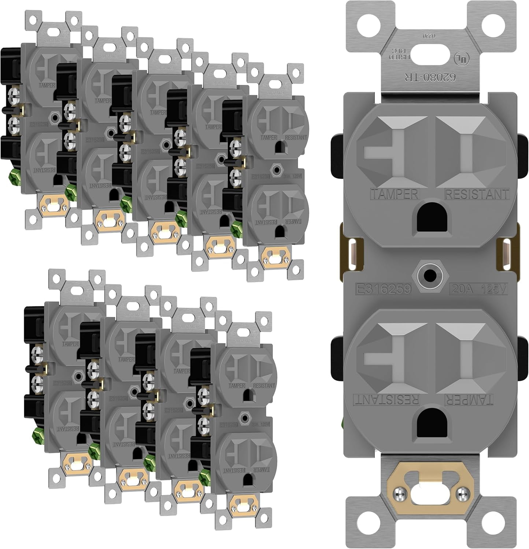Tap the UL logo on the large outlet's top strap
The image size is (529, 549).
point(461,58)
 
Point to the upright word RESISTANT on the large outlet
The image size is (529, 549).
point(476,194)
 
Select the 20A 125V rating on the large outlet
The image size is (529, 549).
point(479,289)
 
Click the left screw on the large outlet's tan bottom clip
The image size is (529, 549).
point(398,493)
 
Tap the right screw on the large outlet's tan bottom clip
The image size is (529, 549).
point(462,493)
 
